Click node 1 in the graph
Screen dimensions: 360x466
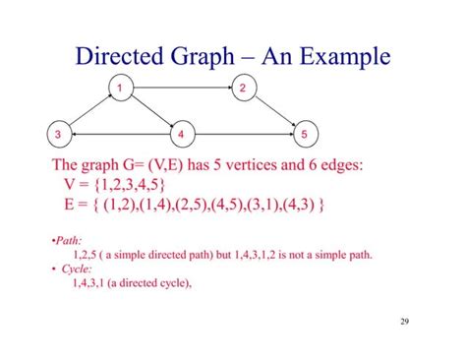coord(119,90)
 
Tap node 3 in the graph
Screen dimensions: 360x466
coord(59,134)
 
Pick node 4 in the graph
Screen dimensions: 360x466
coord(182,134)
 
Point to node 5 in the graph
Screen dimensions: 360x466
coord(305,134)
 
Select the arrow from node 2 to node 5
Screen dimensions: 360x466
coord(274,111)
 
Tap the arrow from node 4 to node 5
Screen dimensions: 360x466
coord(243,134)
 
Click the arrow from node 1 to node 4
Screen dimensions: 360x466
coord(150,111)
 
